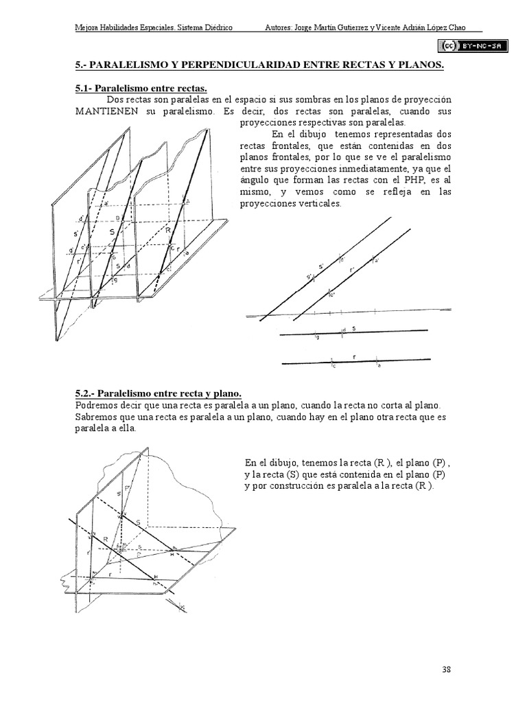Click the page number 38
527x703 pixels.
pyautogui.click(x=446, y=669)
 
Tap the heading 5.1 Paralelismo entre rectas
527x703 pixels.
pyautogui.click(x=141, y=87)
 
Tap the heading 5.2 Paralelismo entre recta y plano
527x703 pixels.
pyautogui.click(x=158, y=394)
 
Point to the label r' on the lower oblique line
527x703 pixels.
pyautogui.click(x=352, y=270)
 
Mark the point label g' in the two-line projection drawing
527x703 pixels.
pyautogui.click(x=310, y=277)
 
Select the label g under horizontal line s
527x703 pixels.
pyautogui.click(x=316, y=338)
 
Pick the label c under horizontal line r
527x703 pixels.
pyautogui.click(x=333, y=366)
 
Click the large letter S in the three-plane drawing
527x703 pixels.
pyautogui.click(x=111, y=232)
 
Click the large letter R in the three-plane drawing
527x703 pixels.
pyautogui.click(x=167, y=231)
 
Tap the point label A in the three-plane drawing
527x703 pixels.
pyautogui.click(x=187, y=200)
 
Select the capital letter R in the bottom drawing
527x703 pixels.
pyautogui.click(x=105, y=540)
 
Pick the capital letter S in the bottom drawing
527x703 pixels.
pyautogui.click(x=138, y=522)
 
